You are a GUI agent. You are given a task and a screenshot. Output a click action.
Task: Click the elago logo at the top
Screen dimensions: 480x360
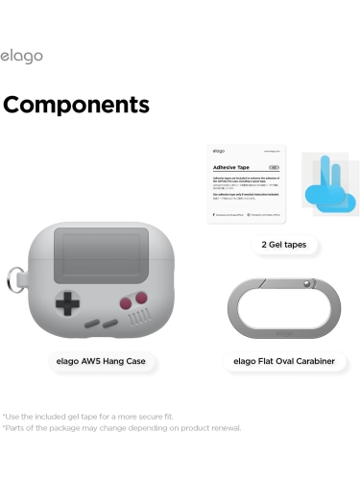click(x=21, y=57)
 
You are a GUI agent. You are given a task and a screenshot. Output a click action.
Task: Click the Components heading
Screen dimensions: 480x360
click(x=76, y=105)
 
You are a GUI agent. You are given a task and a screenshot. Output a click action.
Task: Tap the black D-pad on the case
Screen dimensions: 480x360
click(x=66, y=305)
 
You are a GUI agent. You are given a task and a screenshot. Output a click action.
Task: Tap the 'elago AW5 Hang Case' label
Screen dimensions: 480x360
click(x=102, y=362)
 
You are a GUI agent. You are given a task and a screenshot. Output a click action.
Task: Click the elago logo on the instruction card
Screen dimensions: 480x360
click(x=219, y=151)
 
